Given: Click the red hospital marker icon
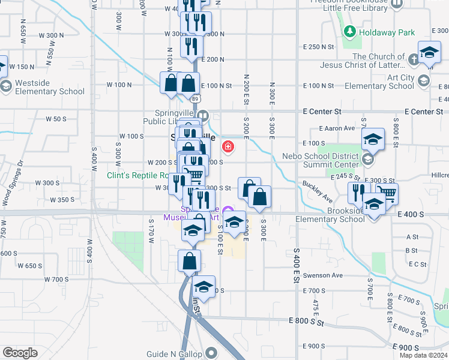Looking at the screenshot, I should pyautogui.click(x=228, y=146).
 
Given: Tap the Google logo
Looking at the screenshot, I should pyautogui.click(x=20, y=353).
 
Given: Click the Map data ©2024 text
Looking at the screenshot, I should pyautogui.click(x=424, y=355).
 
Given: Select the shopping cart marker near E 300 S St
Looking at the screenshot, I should pyautogui.click(x=387, y=192).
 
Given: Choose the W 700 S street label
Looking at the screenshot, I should pyautogui.click(x=56, y=279).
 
